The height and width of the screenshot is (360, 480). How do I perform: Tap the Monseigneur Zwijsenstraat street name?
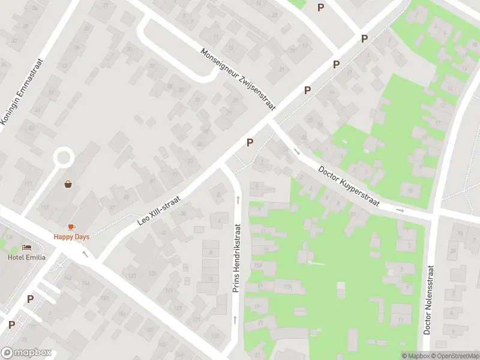[x=238, y=79]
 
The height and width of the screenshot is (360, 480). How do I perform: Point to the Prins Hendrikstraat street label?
[x=237, y=259]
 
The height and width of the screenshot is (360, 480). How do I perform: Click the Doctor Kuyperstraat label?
[x=349, y=186]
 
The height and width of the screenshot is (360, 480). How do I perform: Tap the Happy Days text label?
[x=71, y=236]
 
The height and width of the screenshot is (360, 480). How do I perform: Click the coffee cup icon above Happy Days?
[x=71, y=226]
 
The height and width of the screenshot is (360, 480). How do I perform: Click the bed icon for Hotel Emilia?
[x=26, y=247]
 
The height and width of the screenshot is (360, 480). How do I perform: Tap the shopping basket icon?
[x=69, y=184]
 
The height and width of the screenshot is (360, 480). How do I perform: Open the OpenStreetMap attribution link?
[x=458, y=356]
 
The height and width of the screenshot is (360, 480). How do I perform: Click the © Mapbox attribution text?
[x=416, y=356]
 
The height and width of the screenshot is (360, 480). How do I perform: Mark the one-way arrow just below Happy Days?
[x=85, y=254]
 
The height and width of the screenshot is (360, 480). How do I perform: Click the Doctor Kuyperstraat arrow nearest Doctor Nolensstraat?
[x=400, y=211]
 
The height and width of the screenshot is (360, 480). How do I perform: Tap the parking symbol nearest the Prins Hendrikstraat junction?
[x=250, y=142]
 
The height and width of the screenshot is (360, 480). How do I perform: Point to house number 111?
[x=28, y=182]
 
